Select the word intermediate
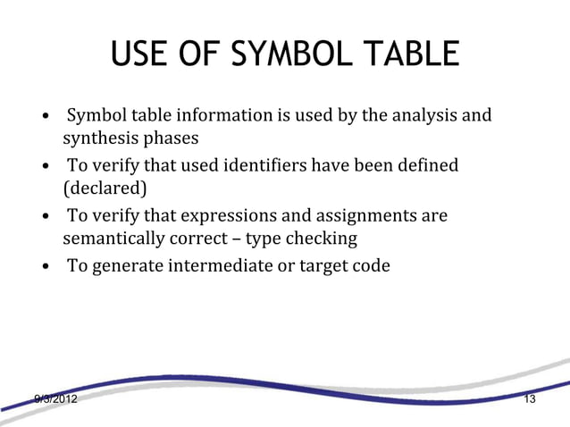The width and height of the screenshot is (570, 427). click(232, 264)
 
